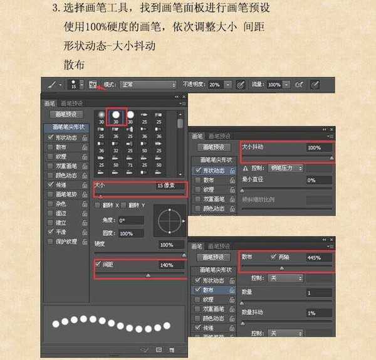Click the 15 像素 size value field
[169, 186]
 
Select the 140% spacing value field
[169, 265]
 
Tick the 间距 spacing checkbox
[98, 265]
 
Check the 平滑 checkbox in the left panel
[51, 231]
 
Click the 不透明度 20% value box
[215, 84]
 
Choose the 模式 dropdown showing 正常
[148, 84]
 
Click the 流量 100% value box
[273, 84]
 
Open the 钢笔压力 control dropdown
[286, 168]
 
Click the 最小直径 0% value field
[318, 180]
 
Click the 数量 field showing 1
[318, 293]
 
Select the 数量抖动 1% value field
[318, 312]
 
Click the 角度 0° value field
[130, 221]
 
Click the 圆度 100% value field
[130, 233]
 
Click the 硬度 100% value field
[169, 245]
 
